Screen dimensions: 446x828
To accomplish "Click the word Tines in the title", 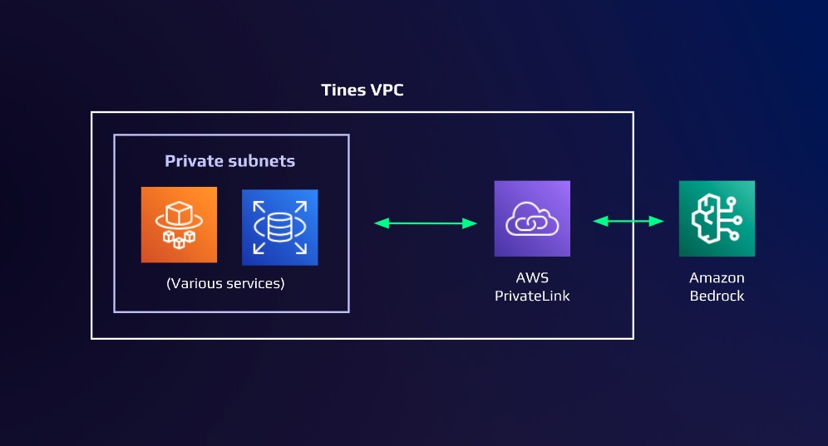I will tap(343, 91).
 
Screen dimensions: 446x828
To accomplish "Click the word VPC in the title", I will tap(385, 91).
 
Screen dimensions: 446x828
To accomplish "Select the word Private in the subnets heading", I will tap(193, 161).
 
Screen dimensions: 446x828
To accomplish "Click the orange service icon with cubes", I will tap(179, 225).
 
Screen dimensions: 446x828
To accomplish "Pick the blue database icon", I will tap(279, 228).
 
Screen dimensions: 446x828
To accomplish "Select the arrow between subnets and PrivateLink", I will tap(426, 223).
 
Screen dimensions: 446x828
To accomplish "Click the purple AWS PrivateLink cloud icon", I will tap(532, 218).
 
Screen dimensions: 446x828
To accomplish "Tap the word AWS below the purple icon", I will tap(532, 277).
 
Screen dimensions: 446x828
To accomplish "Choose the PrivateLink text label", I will tap(532, 295).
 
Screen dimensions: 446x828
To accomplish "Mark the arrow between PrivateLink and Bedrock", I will tap(628, 221).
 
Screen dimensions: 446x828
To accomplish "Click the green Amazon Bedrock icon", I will tap(717, 218).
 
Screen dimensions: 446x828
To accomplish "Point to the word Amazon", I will tap(717, 277).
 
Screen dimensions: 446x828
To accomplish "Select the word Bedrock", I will tap(717, 295).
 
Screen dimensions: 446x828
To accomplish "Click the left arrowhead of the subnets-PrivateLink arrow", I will tap(380, 223).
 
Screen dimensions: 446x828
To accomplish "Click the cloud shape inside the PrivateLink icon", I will tap(532, 220).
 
